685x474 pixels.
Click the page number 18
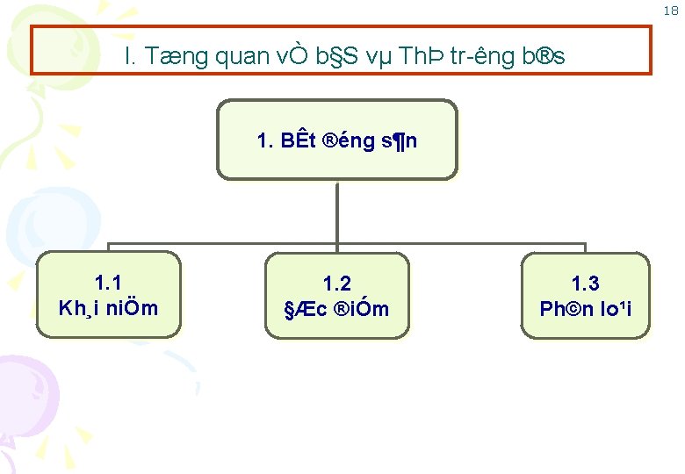pyautogui.click(x=670, y=11)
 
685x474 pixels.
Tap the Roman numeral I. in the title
pyautogui.click(x=130, y=57)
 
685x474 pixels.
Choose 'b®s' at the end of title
pyautogui.click(x=543, y=57)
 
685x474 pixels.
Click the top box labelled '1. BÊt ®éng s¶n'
pyautogui.click(x=337, y=140)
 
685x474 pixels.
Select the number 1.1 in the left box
pyautogui.click(x=108, y=283)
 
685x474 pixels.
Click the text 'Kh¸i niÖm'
pyautogui.click(x=108, y=308)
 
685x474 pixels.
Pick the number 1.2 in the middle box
pyautogui.click(x=337, y=284)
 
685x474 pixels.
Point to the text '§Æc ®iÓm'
pyautogui.click(x=337, y=309)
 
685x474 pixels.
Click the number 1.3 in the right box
pyautogui.click(x=585, y=284)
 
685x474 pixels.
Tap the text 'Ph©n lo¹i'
pyautogui.click(x=585, y=309)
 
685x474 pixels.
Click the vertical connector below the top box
pyautogui.click(x=337, y=211)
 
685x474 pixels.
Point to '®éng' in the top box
pyautogui.click(x=350, y=140)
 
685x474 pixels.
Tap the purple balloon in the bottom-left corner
pyautogui.click(x=26, y=395)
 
